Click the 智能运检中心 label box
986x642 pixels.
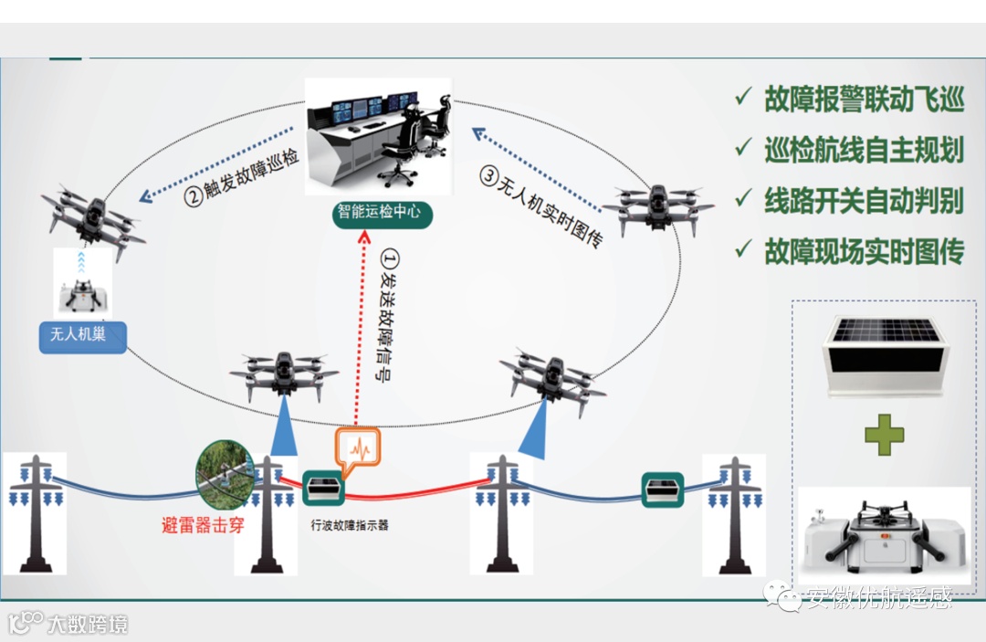point(380,213)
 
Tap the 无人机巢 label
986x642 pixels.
point(79,334)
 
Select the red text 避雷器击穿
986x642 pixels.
point(203,525)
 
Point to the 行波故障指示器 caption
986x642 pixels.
point(350,526)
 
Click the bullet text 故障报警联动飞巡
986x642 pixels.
point(864,100)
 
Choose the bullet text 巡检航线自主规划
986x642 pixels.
point(864,150)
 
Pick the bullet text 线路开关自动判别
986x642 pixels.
point(864,201)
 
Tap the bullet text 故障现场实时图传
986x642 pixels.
point(864,251)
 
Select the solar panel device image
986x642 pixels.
point(883,354)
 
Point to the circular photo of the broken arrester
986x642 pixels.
point(224,474)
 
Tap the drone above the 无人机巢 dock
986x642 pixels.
point(91,218)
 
